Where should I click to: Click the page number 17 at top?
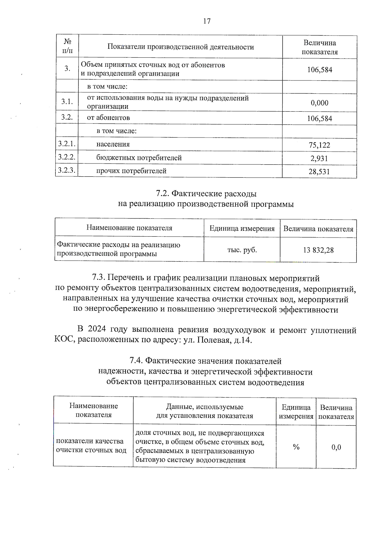tap(207, 21)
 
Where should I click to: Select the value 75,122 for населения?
tap(319, 145)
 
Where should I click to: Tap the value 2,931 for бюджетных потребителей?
tap(319, 158)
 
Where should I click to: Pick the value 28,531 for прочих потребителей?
tap(319, 172)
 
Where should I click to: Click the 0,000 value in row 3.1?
tap(320, 103)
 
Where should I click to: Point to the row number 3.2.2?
tap(67, 157)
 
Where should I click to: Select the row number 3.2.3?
tap(67, 170)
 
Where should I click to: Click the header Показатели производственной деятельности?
tap(180, 47)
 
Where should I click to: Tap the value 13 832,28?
tap(318, 250)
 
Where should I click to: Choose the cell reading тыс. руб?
tap(242, 250)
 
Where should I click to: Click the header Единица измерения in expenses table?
tap(242, 229)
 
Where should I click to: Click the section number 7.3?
tap(98, 278)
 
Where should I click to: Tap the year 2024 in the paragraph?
tap(97, 330)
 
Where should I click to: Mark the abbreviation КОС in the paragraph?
tap(64, 340)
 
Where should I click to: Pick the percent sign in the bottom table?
tap(296, 447)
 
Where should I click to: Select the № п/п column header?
tap(67, 46)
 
